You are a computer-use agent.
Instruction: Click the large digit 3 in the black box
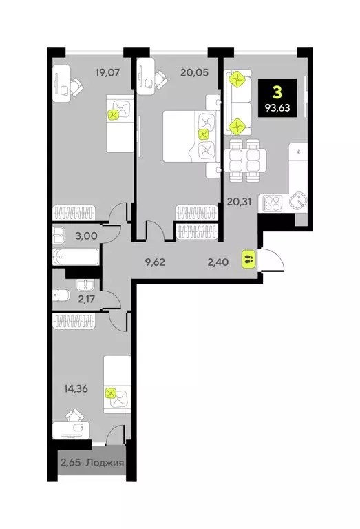[x=277, y=92]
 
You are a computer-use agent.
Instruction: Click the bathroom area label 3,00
[x=85, y=236]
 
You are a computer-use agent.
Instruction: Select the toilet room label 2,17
[x=87, y=298]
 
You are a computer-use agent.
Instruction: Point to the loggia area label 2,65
[x=70, y=462]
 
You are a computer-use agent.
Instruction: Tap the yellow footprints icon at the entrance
[x=248, y=260]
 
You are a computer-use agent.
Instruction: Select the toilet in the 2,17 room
[x=61, y=296]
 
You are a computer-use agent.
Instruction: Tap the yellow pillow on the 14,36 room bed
[x=111, y=395]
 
